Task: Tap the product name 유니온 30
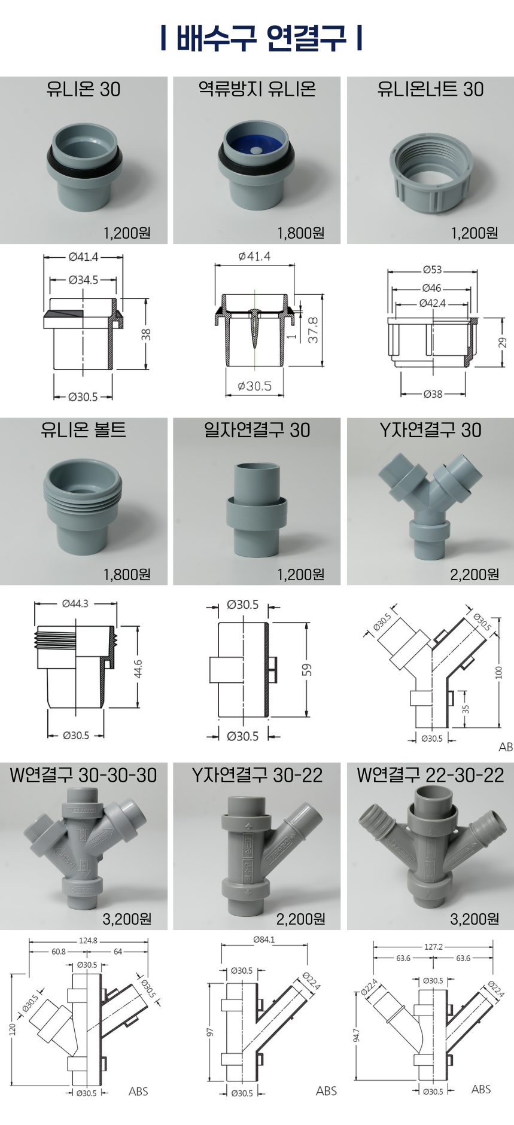83,89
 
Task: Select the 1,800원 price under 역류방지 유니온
300,233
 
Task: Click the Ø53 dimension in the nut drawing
432,270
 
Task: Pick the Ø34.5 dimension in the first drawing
83,279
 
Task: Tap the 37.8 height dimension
313,330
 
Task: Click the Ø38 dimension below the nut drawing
433,394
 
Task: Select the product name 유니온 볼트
83,430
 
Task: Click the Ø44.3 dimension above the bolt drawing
75,603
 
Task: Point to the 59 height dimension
307,669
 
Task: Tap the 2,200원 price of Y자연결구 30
475,574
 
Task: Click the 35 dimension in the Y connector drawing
466,709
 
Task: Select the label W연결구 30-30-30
83,775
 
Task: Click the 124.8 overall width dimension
88,940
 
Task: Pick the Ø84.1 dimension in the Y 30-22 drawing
264,940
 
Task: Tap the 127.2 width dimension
433,947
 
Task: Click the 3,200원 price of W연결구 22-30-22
475,919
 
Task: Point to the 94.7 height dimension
357,1035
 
